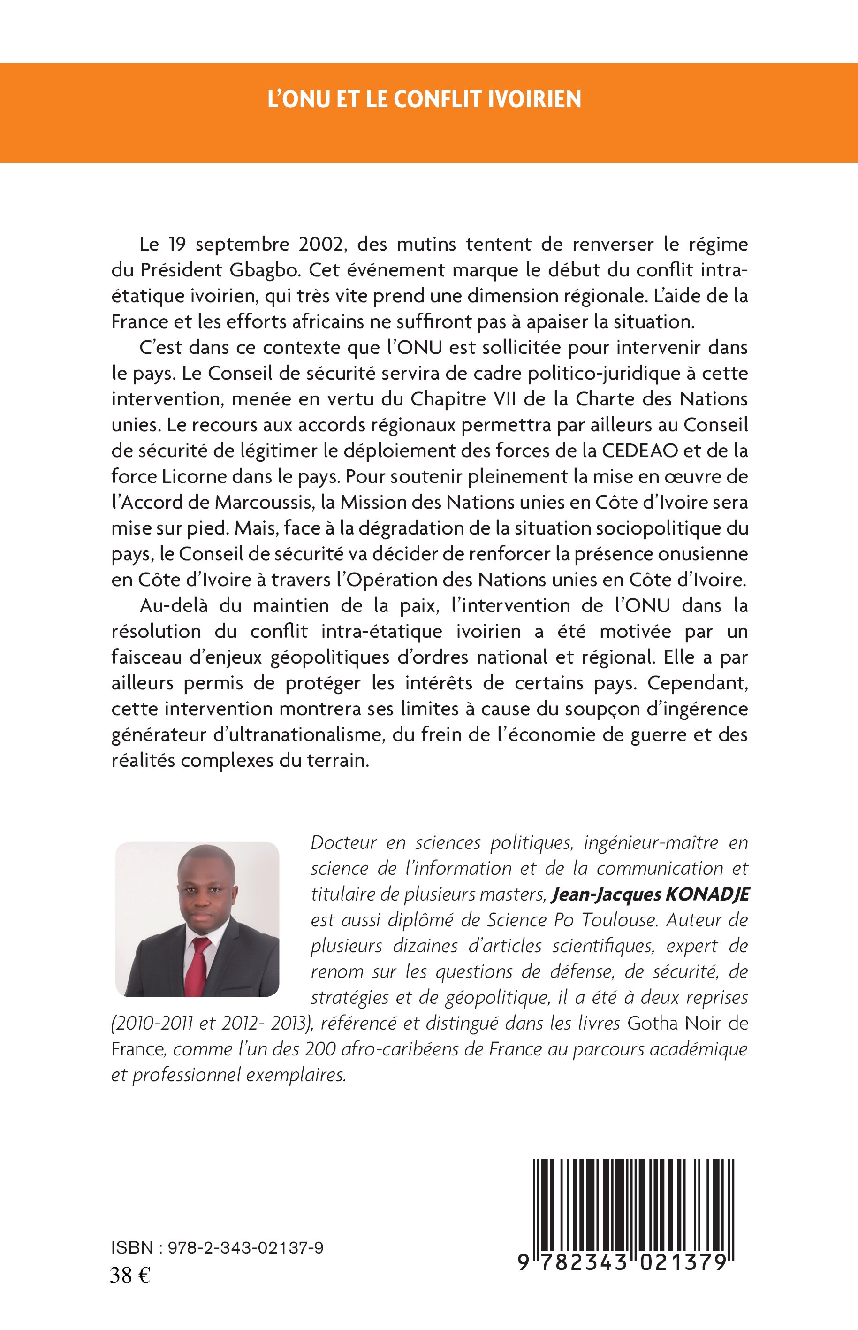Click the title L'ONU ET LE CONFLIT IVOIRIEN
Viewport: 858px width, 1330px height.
pyautogui.click(x=425, y=99)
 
